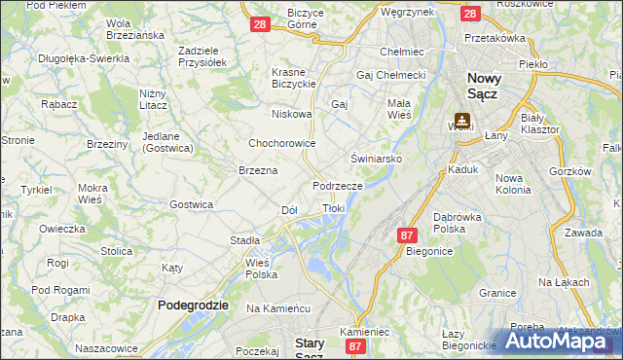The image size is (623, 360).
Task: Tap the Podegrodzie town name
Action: (x=194, y=305)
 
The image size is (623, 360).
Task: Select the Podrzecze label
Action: (x=338, y=185)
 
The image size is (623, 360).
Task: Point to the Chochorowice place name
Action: (x=282, y=143)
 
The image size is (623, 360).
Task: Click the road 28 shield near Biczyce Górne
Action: (x=259, y=23)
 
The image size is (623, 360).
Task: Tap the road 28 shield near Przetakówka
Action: (x=469, y=14)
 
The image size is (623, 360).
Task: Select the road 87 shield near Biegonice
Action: (x=407, y=234)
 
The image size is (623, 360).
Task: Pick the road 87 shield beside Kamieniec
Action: (x=355, y=345)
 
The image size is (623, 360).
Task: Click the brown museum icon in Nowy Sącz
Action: (x=461, y=121)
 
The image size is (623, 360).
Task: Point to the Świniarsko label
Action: (x=377, y=158)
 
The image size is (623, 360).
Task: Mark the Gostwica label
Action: (x=191, y=204)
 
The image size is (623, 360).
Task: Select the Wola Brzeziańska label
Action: (x=135, y=28)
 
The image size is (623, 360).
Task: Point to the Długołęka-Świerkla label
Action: (x=84, y=58)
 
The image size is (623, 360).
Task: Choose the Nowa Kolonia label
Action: (x=514, y=184)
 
